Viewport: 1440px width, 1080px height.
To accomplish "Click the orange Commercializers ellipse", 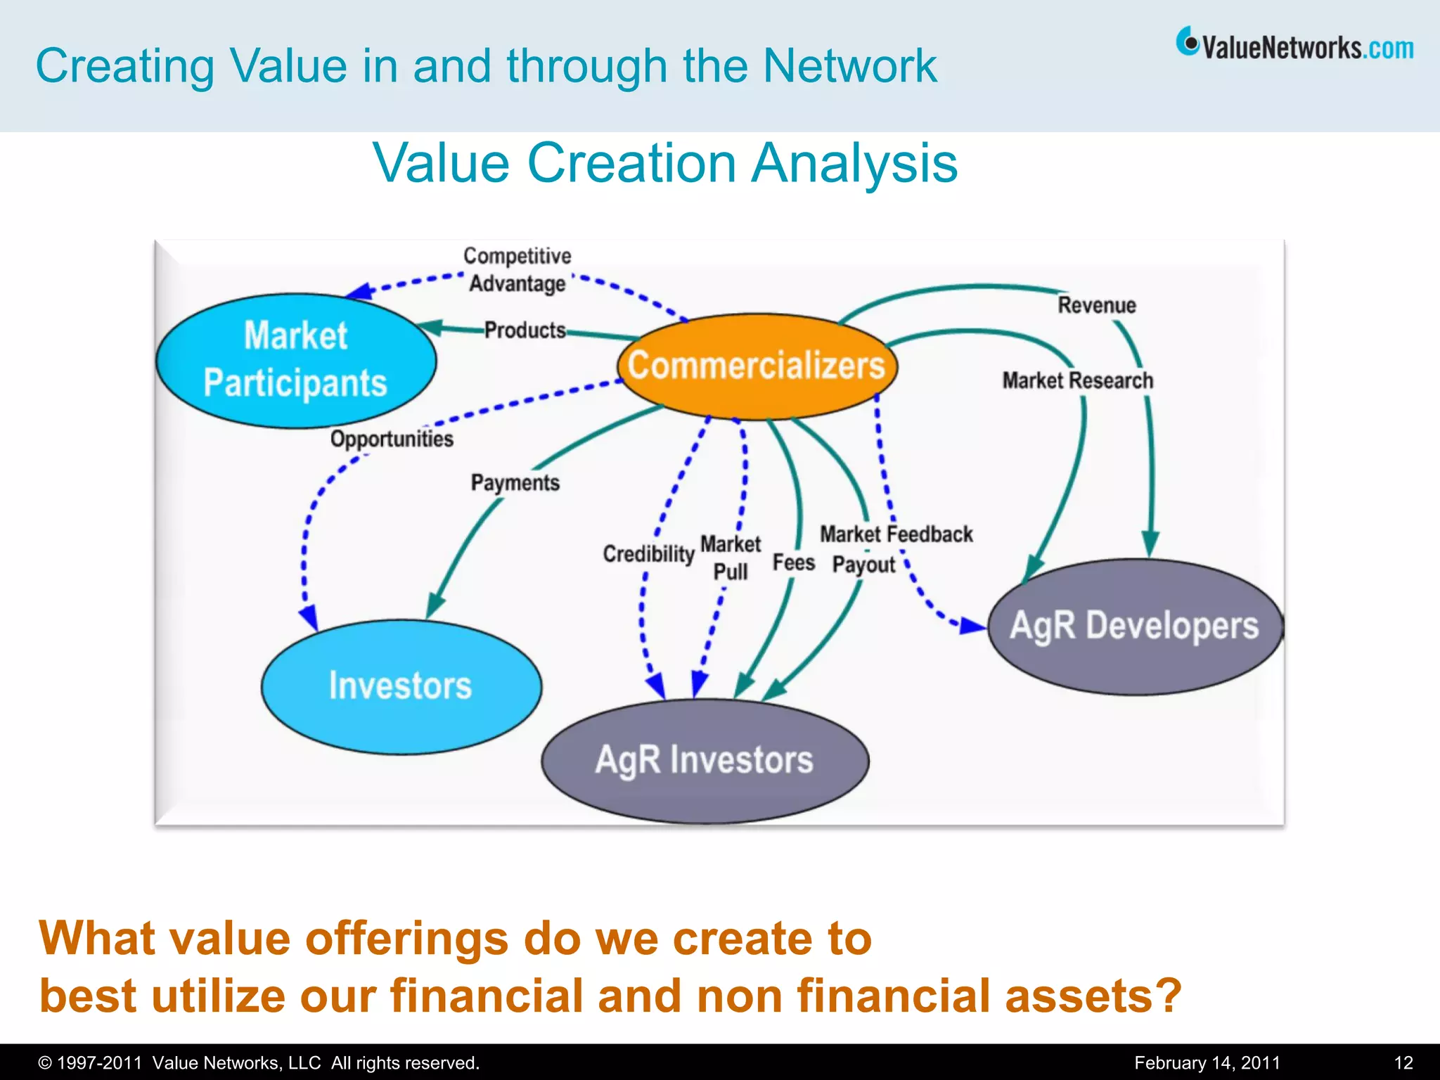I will [x=757, y=366].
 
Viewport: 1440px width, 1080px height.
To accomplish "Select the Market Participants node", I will [x=295, y=360].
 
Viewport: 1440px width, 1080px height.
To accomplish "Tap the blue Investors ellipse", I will [x=401, y=686].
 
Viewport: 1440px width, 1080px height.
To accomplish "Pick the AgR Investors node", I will [x=705, y=760].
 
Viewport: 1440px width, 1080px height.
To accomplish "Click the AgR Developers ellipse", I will [x=1134, y=626].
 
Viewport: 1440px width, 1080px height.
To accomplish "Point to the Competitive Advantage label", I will [x=517, y=269].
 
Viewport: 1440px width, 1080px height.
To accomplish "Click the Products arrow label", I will [x=525, y=330].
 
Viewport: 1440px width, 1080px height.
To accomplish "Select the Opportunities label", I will [x=392, y=439].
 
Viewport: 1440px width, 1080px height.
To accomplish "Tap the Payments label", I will [x=515, y=483].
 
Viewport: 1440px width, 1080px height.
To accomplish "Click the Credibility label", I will [x=648, y=554].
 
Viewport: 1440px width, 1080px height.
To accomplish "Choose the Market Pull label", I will [x=731, y=558].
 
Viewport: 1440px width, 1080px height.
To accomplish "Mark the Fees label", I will [x=794, y=562].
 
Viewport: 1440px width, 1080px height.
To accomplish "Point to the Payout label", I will [x=863, y=565].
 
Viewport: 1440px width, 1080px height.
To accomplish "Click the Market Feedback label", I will [x=896, y=534].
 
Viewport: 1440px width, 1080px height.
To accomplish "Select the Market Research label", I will [x=1077, y=380].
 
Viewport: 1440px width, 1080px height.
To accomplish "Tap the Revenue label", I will [x=1097, y=305].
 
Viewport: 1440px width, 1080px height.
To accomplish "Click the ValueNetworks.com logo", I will [x=1294, y=45].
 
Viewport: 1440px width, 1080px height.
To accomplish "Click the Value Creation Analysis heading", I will [x=664, y=162].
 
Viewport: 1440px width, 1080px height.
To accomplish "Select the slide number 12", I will [x=1403, y=1062].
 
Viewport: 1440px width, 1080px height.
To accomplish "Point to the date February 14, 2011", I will [x=1207, y=1062].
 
